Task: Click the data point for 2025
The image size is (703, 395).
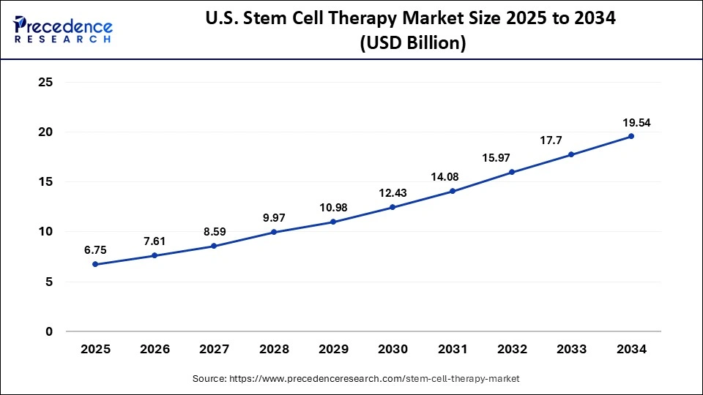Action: click(x=95, y=264)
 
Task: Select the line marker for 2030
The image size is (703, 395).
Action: click(x=393, y=207)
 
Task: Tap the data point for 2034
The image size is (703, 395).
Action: click(x=631, y=136)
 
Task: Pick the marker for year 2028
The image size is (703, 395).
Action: click(x=274, y=232)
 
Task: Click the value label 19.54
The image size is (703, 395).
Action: click(x=631, y=122)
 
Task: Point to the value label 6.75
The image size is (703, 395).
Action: click(x=95, y=250)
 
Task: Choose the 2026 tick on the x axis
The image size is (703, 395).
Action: click(x=155, y=350)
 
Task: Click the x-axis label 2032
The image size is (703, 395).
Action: click(x=512, y=350)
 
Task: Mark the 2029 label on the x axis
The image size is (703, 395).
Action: click(x=333, y=350)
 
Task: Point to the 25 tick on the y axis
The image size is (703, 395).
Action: click(x=45, y=83)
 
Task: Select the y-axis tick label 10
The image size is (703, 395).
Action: click(x=45, y=232)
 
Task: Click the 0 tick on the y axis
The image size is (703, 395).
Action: click(x=49, y=331)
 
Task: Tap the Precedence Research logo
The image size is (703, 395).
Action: click(x=63, y=29)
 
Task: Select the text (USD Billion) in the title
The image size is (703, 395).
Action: click(x=412, y=44)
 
